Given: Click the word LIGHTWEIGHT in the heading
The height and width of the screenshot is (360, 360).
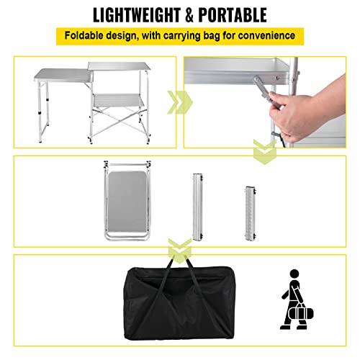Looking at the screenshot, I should coord(142,14).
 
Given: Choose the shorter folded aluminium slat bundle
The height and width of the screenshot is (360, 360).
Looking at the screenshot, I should coord(251,205).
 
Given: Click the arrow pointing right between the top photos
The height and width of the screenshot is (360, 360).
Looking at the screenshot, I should coord(173,104).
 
